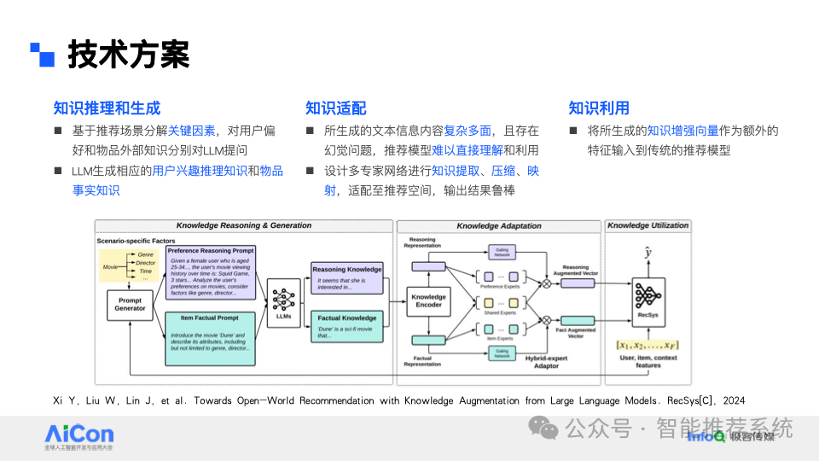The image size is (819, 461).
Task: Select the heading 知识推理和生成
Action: [x=107, y=108]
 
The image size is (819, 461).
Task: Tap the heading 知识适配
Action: [x=336, y=108]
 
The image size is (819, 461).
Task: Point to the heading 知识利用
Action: [x=599, y=108]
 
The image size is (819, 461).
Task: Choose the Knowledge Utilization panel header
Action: [x=647, y=226]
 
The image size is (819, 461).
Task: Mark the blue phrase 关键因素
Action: [x=191, y=131]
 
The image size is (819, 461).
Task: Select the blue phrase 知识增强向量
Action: [x=682, y=131]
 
